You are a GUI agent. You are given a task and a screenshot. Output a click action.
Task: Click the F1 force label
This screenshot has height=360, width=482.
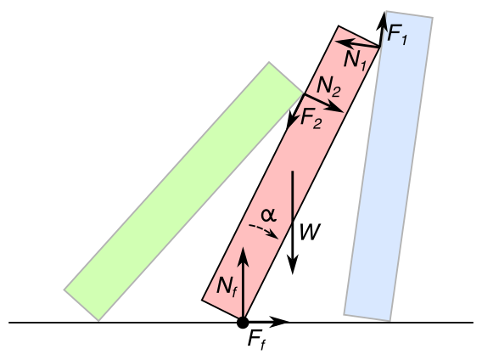tap(397, 35)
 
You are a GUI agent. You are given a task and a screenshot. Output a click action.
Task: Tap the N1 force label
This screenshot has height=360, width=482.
tap(356, 60)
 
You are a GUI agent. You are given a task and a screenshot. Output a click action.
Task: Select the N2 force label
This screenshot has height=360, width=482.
tap(328, 87)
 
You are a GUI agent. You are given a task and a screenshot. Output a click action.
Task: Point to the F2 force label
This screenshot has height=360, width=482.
tap(311, 119)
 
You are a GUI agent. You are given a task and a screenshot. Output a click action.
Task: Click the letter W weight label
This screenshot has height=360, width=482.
tap(310, 232)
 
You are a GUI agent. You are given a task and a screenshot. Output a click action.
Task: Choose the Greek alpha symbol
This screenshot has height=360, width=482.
tap(269, 215)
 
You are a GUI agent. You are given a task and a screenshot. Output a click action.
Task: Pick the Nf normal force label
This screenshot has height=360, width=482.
tap(227, 288)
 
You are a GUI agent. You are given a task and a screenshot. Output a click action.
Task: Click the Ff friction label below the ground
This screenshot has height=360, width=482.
tap(256, 340)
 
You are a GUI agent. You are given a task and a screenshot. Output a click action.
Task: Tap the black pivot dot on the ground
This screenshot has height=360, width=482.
tap(243, 323)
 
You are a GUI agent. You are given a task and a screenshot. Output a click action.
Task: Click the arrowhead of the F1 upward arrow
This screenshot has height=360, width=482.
tap(383, 19)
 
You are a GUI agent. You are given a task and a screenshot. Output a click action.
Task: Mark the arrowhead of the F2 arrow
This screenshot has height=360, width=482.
tap(289, 123)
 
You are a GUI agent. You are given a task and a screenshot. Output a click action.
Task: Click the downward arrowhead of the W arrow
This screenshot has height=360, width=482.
tap(293, 265)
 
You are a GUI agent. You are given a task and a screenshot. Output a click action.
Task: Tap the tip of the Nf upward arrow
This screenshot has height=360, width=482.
tap(244, 248)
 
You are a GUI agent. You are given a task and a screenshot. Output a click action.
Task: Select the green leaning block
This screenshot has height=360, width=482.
tap(183, 191)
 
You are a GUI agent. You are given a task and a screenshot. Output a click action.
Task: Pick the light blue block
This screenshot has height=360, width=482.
tap(389, 166)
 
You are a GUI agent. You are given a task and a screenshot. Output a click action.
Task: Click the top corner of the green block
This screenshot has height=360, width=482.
tap(269, 62)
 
